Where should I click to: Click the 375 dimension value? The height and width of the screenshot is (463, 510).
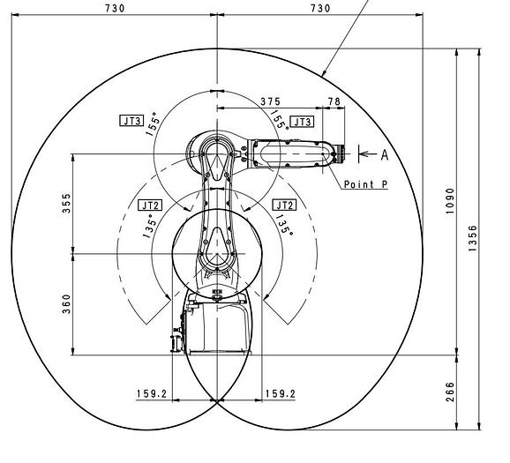click(x=270, y=101)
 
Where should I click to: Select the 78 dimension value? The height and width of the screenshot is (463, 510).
click(x=334, y=101)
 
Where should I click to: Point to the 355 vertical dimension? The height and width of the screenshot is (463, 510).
click(x=66, y=204)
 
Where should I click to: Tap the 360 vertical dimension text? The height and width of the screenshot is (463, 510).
click(x=66, y=304)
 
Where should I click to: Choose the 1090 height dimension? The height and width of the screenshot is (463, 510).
click(x=450, y=200)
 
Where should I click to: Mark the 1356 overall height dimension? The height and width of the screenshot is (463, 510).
click(x=473, y=238)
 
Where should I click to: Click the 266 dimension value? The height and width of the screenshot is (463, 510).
click(x=450, y=392)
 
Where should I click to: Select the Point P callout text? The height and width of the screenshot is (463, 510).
click(x=366, y=184)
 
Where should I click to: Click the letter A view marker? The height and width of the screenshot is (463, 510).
click(x=385, y=155)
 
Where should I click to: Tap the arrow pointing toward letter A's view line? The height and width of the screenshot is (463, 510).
click(x=369, y=153)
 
